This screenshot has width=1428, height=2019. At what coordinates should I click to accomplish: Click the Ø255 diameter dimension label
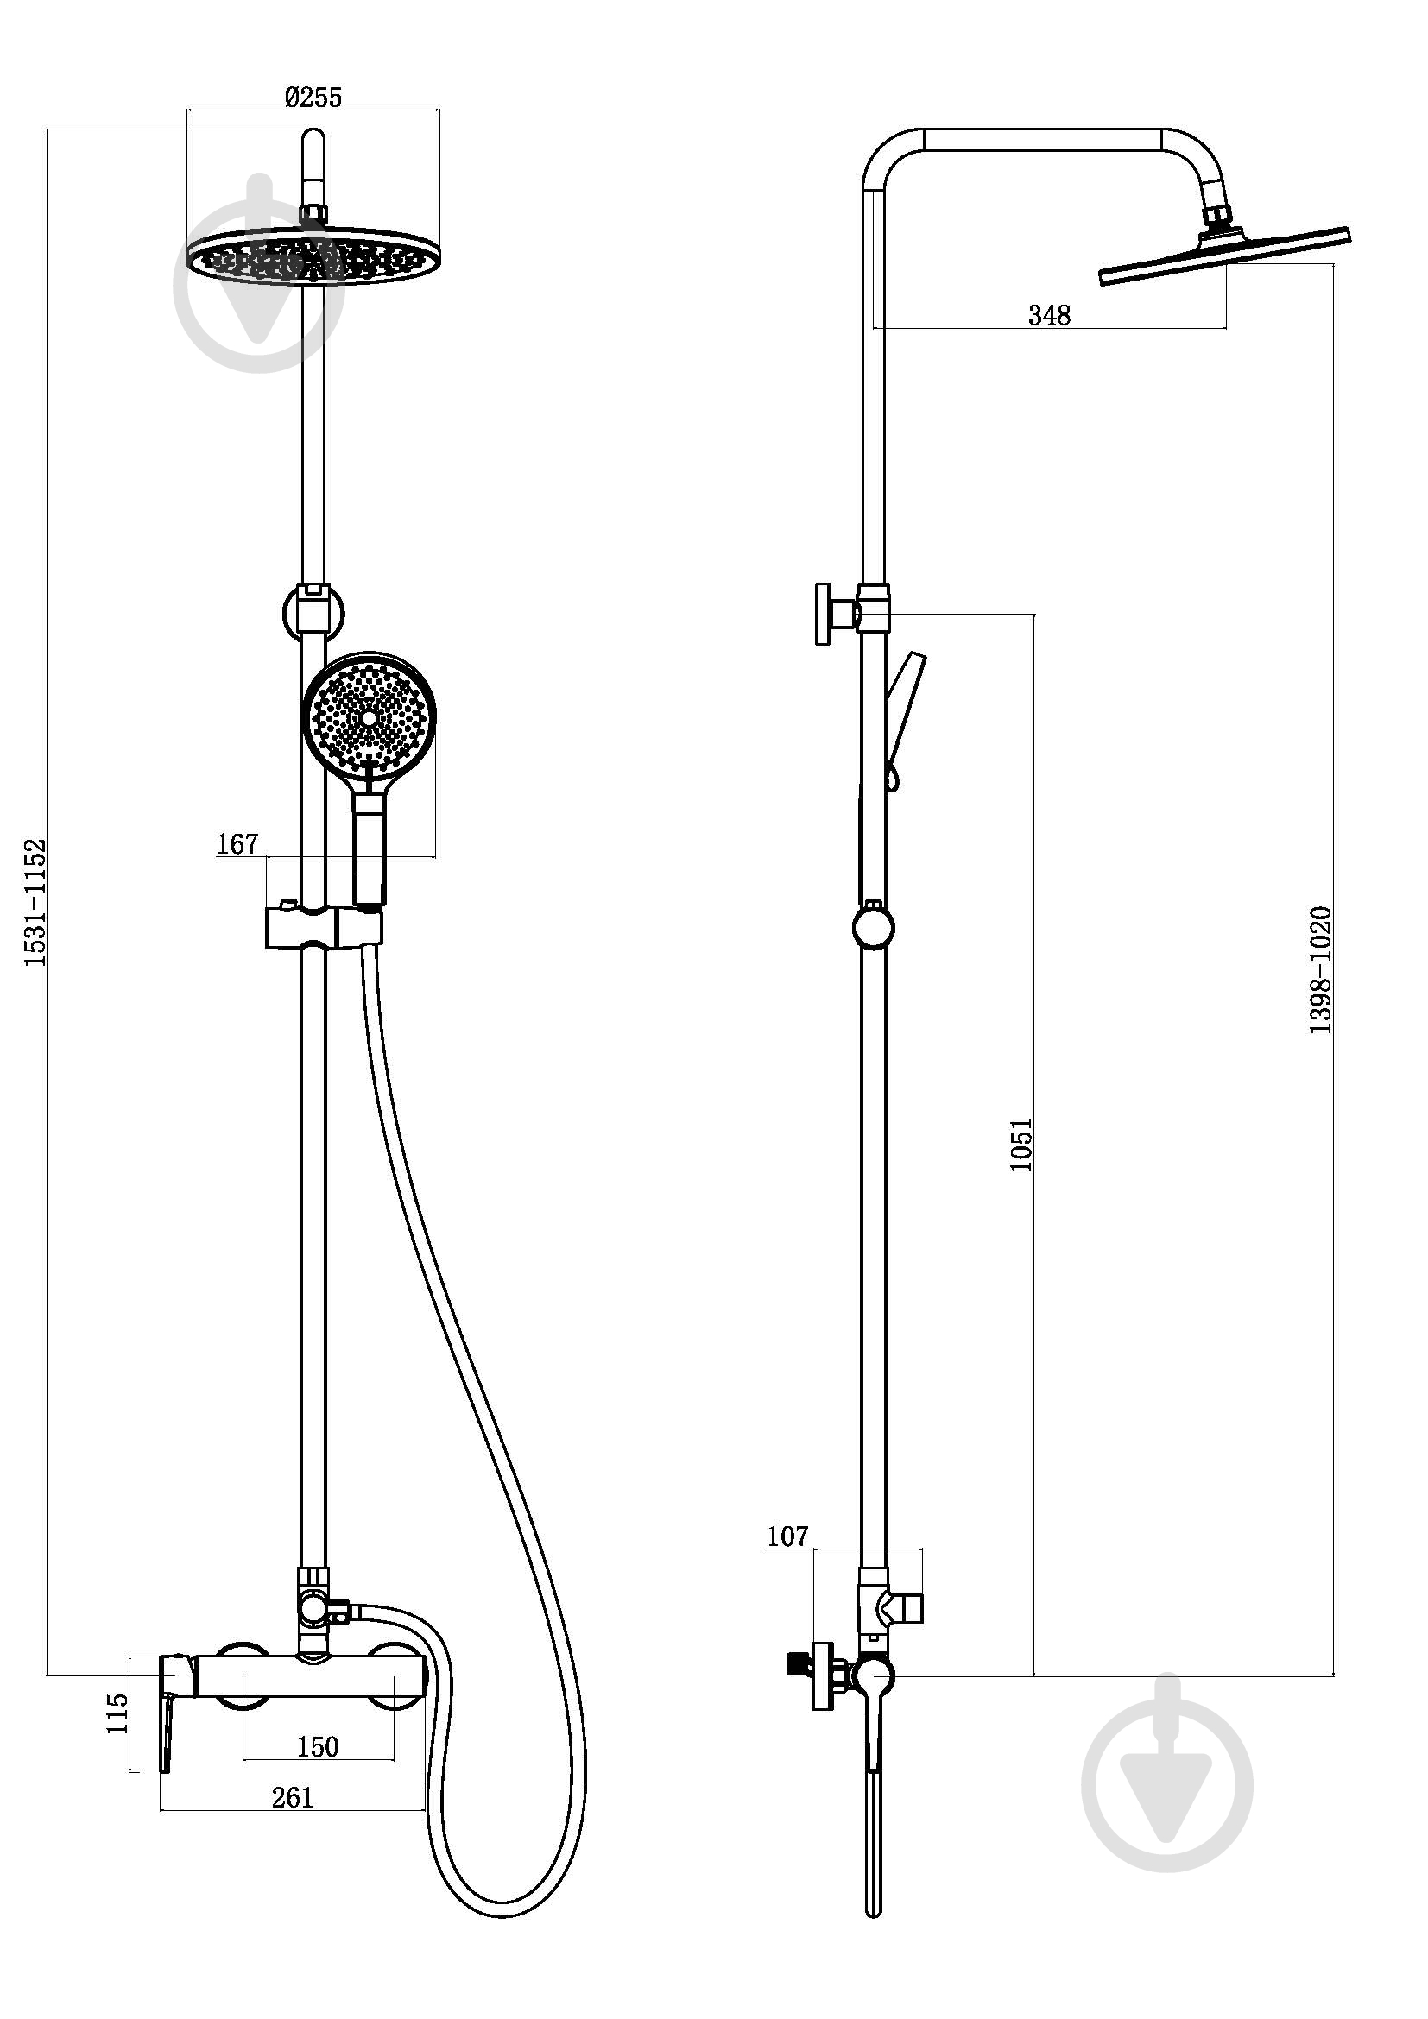[313, 97]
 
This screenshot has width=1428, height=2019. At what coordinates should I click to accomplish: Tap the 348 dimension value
[1050, 315]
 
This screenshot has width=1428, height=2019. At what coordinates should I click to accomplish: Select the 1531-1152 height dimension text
[35, 903]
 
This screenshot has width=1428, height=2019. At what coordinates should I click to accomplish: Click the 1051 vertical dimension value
[1020, 1144]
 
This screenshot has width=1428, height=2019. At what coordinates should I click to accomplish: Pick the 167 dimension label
[237, 844]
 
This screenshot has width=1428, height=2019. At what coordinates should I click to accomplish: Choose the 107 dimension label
[787, 1536]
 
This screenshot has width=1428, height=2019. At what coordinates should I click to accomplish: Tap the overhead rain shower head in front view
[314, 256]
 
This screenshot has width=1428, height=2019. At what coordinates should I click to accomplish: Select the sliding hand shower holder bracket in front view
[324, 928]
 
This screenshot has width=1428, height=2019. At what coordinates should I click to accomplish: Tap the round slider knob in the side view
[873, 928]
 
